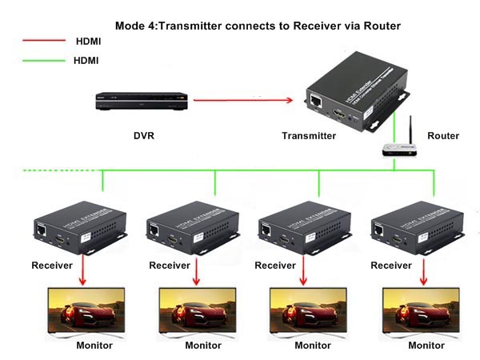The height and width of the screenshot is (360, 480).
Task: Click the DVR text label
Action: point(144,135)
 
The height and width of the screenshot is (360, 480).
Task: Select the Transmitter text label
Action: point(309,135)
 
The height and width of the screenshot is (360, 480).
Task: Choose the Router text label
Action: point(444,135)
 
